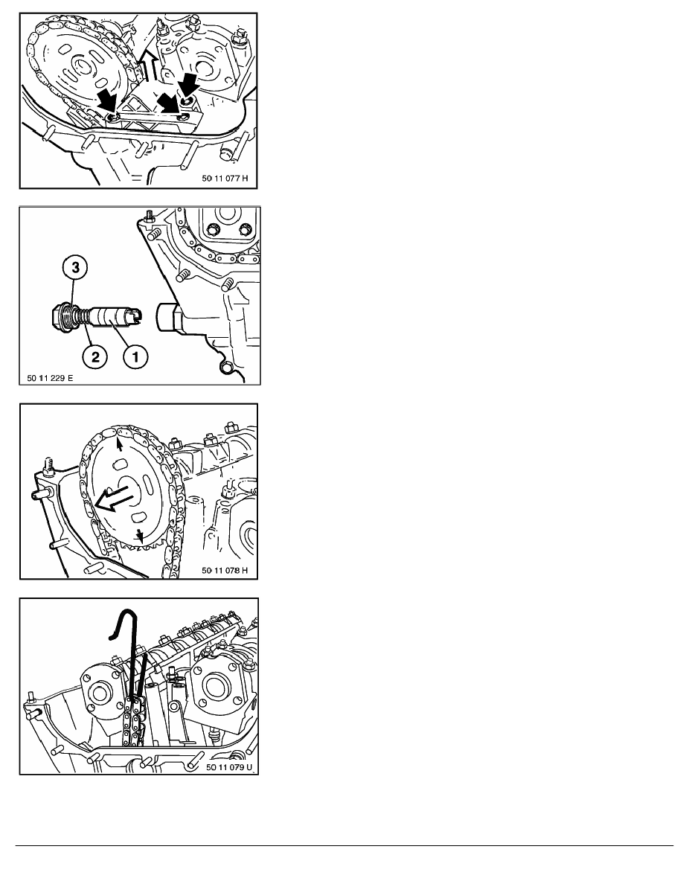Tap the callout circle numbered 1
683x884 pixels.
coord(135,356)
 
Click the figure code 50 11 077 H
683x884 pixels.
coord(225,178)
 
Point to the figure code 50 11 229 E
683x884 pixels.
coord(50,378)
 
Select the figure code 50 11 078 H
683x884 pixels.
coord(225,571)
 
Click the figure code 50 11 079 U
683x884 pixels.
coord(229,766)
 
